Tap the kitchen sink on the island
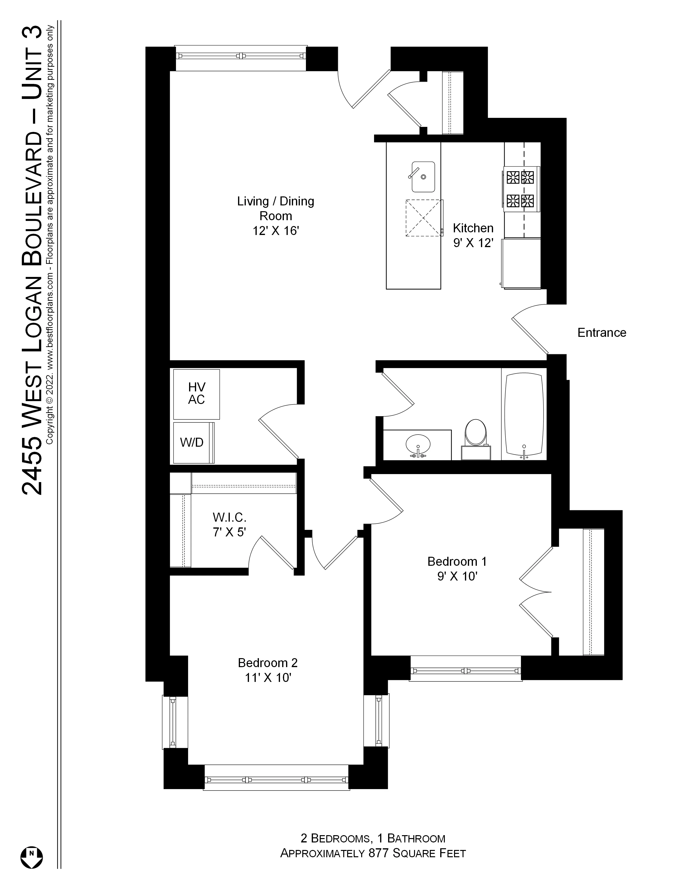tap(423, 177)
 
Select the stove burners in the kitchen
tap(520, 189)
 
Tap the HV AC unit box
tap(197, 394)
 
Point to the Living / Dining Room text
tap(276, 208)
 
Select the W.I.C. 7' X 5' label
tap(229, 525)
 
